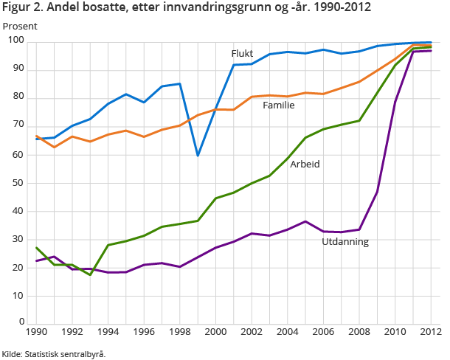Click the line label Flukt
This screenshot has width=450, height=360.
click(x=243, y=54)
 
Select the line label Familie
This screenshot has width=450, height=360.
click(x=279, y=105)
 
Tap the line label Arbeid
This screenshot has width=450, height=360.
click(x=305, y=164)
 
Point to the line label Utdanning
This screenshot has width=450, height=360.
click(x=345, y=241)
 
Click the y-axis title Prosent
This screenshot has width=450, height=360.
click(x=19, y=26)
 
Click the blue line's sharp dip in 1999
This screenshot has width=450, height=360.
click(x=198, y=156)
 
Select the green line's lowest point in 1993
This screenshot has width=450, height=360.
click(x=90, y=274)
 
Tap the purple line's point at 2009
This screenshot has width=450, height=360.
click(x=377, y=192)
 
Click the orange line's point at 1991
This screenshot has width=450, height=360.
click(x=55, y=147)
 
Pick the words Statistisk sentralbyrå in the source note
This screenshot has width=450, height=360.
click(x=65, y=354)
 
